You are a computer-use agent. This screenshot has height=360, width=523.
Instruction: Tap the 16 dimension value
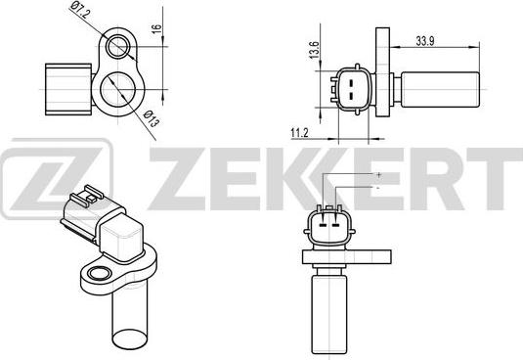tap(156, 29)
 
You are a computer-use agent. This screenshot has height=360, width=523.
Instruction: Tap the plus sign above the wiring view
tap(377, 174)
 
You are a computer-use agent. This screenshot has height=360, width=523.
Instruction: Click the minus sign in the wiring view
tap(377, 186)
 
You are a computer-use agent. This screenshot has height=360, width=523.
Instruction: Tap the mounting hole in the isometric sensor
tap(97, 271)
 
